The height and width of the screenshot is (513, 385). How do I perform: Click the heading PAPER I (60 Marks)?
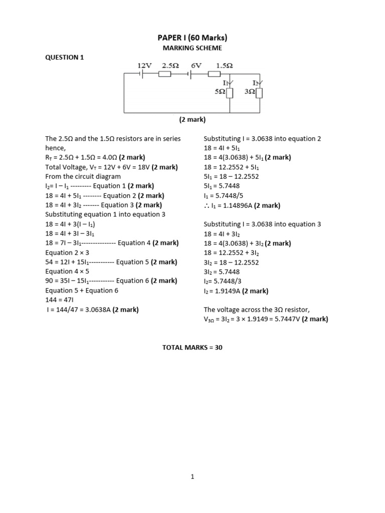click(x=192, y=38)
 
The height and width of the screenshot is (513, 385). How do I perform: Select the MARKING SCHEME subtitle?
click(x=192, y=48)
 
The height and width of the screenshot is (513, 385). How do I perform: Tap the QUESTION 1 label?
click(x=65, y=57)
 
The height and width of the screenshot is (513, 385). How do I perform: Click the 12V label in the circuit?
click(x=145, y=65)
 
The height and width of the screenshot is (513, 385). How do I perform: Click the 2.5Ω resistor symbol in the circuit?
click(x=164, y=74)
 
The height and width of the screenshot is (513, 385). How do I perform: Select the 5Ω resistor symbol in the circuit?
click(x=230, y=93)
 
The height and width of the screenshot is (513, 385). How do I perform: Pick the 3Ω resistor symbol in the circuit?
click(x=260, y=93)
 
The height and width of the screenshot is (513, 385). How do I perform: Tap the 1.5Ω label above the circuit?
click(x=224, y=65)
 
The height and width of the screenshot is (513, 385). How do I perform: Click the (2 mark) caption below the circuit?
click(x=192, y=120)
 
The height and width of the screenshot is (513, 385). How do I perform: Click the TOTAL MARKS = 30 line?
click(x=192, y=347)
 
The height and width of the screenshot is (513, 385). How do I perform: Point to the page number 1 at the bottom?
click(x=192, y=477)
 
